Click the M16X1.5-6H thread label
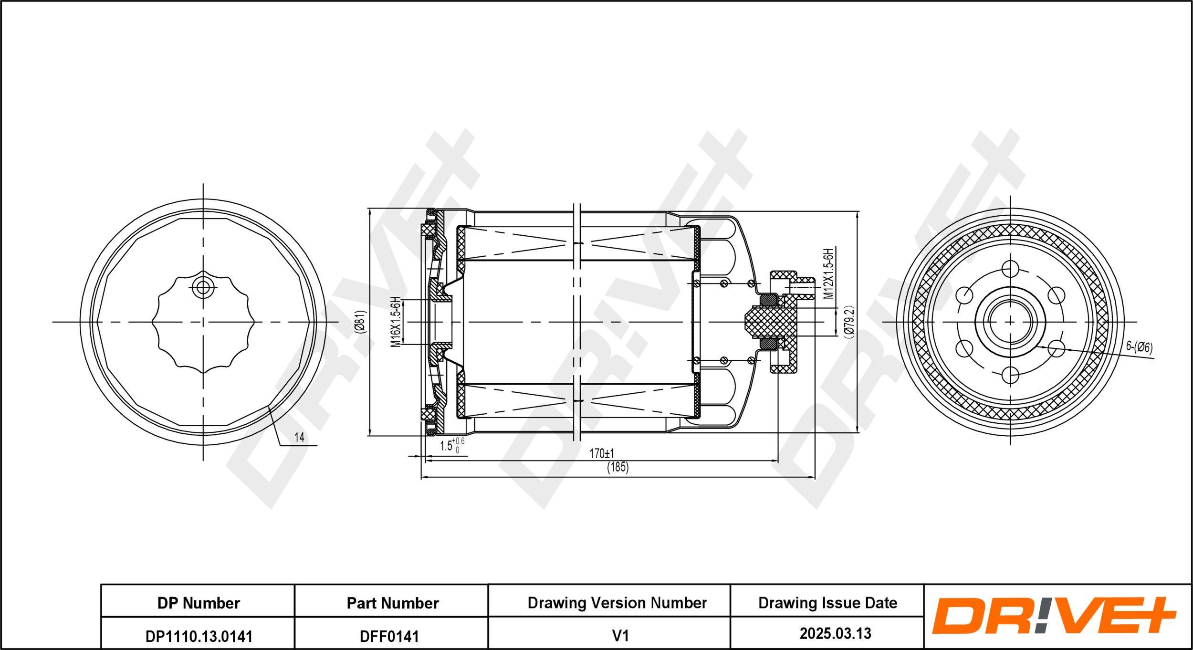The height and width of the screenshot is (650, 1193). click(x=395, y=321)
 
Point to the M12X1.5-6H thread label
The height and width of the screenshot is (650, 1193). click(x=829, y=273)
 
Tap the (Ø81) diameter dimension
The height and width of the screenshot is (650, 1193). click(x=360, y=322)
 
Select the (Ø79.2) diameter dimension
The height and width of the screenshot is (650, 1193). click(x=848, y=322)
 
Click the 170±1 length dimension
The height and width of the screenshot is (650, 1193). click(x=602, y=453)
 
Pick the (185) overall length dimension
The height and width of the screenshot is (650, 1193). click(x=618, y=467)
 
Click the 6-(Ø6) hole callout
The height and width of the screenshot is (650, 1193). click(x=1139, y=347)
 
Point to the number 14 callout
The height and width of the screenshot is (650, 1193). click(x=299, y=437)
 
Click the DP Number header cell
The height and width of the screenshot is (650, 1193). click(x=199, y=603)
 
